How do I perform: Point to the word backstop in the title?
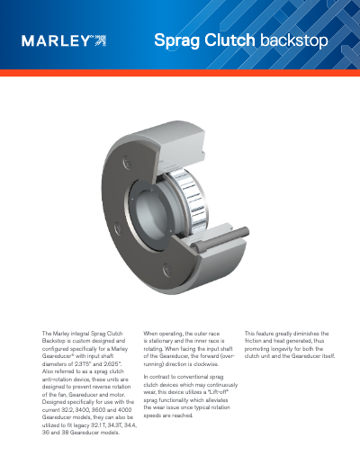click(x=293, y=40)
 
